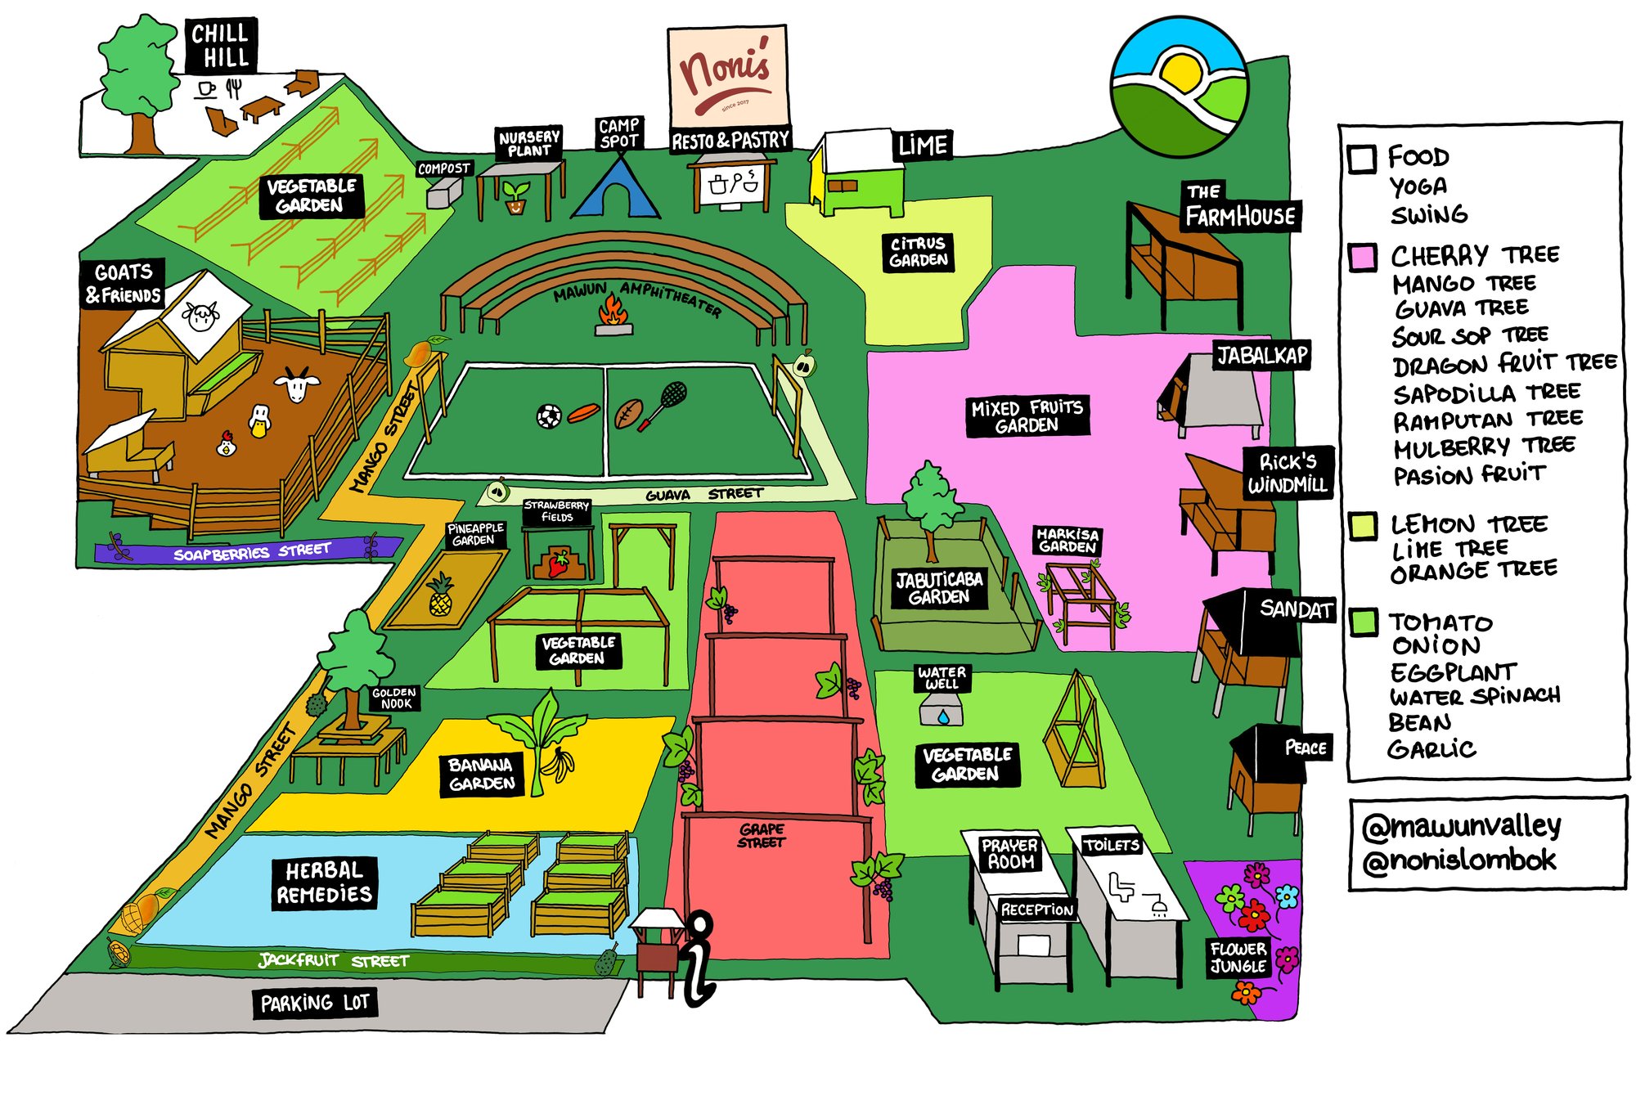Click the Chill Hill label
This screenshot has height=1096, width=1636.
click(x=220, y=45)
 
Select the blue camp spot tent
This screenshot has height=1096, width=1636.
click(x=618, y=190)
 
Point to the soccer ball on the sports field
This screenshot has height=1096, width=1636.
click(x=549, y=415)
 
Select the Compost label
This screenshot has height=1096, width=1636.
click(x=444, y=168)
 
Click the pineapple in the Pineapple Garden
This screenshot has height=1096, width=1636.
click(x=440, y=595)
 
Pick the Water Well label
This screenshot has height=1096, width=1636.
click(x=942, y=677)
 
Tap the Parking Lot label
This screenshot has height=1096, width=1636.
click(x=315, y=1003)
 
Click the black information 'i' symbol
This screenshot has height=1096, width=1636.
click(x=698, y=959)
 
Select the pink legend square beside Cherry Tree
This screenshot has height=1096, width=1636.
click(x=1362, y=257)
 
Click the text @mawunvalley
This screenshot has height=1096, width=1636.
click(x=1461, y=826)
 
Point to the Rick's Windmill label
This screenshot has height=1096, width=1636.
click(x=1288, y=473)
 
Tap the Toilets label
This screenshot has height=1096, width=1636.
click(x=1111, y=845)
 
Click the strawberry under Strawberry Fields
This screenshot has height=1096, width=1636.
click(x=559, y=563)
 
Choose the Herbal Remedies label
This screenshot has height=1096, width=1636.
click(x=324, y=883)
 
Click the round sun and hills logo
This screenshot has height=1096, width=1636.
click(x=1180, y=86)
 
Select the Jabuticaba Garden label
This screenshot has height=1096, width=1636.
click(x=938, y=588)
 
